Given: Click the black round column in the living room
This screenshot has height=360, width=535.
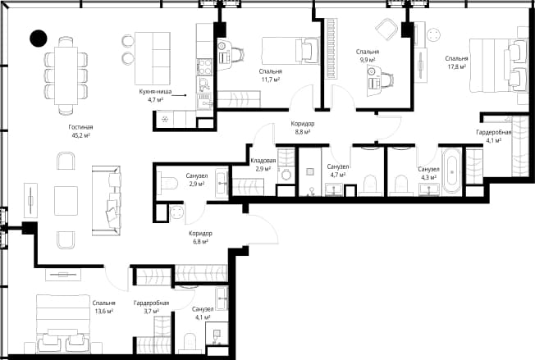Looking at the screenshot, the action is [39, 39].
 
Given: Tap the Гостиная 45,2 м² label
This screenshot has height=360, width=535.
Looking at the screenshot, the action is [80, 131].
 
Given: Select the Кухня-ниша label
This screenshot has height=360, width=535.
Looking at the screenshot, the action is [155, 92].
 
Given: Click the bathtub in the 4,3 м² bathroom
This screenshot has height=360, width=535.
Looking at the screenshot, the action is [452, 171].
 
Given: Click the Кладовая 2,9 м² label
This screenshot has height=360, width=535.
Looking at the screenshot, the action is [263, 164].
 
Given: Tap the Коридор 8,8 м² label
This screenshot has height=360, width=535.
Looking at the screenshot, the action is [303, 127].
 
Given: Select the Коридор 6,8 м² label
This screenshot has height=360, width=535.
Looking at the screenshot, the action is [200, 238].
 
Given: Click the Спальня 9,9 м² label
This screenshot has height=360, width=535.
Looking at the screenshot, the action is [368, 56].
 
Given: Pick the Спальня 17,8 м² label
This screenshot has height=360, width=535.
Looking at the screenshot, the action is [456, 62].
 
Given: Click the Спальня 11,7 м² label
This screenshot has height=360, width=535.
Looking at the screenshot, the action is [270, 75].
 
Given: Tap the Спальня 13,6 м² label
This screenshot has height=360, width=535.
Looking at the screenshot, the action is [103, 307].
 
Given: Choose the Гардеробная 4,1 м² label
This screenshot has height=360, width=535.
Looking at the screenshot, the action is [494, 136].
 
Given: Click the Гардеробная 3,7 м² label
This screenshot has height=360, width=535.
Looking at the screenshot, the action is [151, 307].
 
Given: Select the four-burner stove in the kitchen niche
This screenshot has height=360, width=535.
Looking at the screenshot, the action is [204, 66].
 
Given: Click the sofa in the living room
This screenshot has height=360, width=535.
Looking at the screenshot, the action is [107, 200].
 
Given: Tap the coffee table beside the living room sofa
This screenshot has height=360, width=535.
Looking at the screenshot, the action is [66, 200].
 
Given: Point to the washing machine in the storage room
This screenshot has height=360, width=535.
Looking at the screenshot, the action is [286, 175].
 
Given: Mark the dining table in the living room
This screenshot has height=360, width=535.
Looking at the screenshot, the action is [66, 75].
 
